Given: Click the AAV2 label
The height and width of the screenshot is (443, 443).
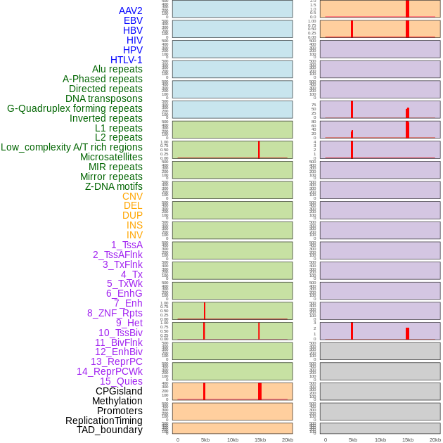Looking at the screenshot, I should tap(130, 11).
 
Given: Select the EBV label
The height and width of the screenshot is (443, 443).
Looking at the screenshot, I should tap(133, 20).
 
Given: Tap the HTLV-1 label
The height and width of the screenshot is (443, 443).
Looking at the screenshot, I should tap(126, 60).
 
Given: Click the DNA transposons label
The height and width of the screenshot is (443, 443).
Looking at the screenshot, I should tap(103, 98).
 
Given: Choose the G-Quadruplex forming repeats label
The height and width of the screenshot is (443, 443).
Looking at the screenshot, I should tap(75, 108).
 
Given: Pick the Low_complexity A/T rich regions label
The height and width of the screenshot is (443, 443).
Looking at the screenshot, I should tap(72, 147).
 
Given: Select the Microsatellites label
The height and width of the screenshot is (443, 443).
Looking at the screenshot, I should tap(111, 157).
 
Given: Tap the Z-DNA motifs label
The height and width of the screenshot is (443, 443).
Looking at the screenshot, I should tap(113, 186).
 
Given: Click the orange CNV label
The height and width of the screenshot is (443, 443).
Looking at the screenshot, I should tap(132, 196).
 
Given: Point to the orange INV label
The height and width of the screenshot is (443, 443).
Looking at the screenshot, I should tap(134, 235).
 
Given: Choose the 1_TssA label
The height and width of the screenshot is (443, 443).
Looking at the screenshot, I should tap(127, 245).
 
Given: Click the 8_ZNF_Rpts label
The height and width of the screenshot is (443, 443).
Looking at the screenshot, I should tap(115, 313).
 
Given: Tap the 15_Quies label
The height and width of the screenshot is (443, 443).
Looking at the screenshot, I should tap(121, 381).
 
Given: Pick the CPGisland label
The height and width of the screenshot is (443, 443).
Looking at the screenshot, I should tap(119, 391).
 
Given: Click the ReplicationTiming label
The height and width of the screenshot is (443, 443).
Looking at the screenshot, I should tap(103, 420).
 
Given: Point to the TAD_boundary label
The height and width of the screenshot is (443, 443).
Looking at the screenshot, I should tap(109, 430).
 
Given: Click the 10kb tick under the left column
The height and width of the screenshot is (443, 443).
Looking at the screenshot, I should tap(232, 439).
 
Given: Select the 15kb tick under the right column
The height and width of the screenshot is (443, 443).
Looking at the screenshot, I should tap(407, 439).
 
